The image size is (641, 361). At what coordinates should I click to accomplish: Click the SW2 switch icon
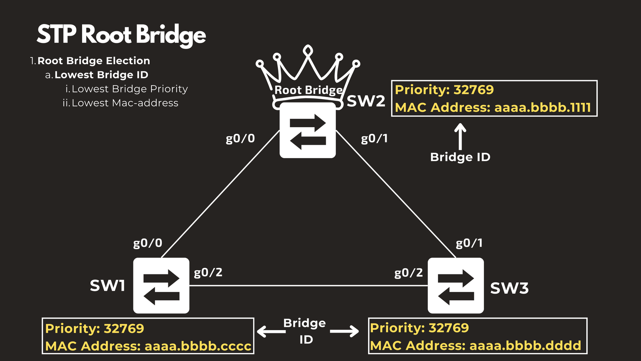tap(308, 130)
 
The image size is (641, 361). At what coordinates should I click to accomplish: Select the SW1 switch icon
tap(161, 285)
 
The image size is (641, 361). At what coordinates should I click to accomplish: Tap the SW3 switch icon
tap(456, 285)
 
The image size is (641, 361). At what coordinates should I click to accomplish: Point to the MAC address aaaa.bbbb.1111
tap(542, 107)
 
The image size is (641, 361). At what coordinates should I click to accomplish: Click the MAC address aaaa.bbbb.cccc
tap(198, 346)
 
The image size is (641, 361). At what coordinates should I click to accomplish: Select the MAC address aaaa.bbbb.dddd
tap(525, 345)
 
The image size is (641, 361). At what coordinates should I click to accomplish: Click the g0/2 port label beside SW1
tap(208, 273)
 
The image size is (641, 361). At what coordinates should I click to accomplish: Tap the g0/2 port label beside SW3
tap(409, 273)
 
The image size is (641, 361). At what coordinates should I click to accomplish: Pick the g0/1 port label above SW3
tap(469, 243)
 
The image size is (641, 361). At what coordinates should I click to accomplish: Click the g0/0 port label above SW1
tap(147, 243)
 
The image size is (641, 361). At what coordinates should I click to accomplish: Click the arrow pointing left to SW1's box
tap(271, 331)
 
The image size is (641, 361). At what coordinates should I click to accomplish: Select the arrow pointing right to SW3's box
tap(345, 331)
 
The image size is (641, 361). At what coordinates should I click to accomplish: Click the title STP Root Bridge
tap(121, 34)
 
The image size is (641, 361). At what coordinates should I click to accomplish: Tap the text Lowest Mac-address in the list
tap(125, 103)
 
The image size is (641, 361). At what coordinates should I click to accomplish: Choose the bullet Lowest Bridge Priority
tap(129, 89)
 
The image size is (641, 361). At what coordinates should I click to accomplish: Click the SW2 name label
tap(365, 101)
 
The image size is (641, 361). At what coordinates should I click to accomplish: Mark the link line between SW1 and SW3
tap(308, 286)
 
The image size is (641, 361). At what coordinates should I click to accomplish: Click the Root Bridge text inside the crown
tap(308, 90)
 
